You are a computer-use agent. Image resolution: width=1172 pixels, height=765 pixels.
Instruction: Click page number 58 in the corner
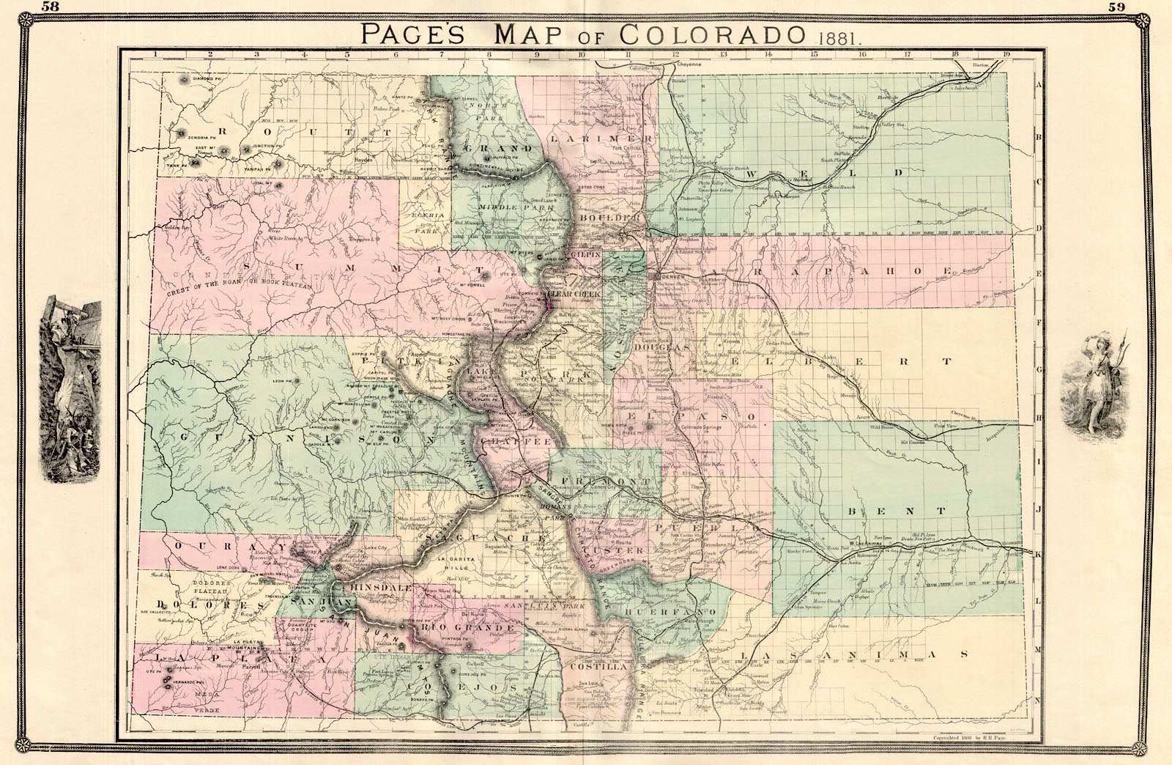tap(51, 7)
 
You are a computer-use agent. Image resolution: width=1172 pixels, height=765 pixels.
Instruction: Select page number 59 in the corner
tap(1118, 7)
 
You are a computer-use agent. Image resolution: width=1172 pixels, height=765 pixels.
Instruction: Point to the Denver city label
tap(671, 278)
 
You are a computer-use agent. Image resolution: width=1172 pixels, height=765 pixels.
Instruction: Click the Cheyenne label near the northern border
tap(689, 64)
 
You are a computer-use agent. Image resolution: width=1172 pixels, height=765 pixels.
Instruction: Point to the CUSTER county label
tap(624, 550)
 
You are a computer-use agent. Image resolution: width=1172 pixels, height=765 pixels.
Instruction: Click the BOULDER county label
tap(604, 218)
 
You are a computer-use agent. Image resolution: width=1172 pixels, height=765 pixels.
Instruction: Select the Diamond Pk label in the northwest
tap(206, 78)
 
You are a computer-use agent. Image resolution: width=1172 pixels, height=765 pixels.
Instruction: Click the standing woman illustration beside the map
tap(1093, 381)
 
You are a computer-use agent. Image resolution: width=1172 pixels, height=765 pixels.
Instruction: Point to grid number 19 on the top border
tap(1006, 53)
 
